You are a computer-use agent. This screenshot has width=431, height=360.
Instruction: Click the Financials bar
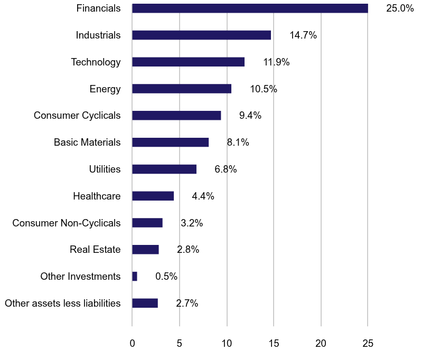tap(250, 8)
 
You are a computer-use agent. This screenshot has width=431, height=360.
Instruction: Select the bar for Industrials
tap(201, 35)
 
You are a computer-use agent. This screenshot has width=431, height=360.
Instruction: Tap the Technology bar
tap(188, 62)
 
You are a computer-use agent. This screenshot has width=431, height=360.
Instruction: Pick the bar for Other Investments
tap(135, 277)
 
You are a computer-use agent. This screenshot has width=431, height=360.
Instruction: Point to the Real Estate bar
tap(145, 250)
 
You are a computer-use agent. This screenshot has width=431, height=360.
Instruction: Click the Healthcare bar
tap(153, 196)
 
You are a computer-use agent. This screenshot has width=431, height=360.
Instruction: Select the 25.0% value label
tap(400, 8)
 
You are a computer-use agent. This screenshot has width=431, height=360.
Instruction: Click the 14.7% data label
tap(303, 35)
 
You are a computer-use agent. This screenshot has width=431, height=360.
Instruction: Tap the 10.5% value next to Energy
tap(264, 89)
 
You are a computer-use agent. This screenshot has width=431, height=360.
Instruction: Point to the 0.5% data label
tap(166, 277)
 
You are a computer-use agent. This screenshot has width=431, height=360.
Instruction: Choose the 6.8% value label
tap(226, 169)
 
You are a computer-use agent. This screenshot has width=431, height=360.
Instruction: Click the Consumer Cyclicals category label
tap(77, 116)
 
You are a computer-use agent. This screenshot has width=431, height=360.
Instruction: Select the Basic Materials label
tap(87, 143)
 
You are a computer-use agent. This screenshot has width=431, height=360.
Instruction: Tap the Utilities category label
tap(105, 169)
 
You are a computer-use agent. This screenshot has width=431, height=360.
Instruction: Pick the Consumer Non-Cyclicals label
tap(67, 223)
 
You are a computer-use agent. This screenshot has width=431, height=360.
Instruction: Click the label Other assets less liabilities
tap(62, 304)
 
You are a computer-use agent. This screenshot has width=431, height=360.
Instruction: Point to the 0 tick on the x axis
tap(132, 343)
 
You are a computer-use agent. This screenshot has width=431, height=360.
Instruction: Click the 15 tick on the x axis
tap(274, 343)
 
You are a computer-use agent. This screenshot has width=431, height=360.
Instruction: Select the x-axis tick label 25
tap(368, 343)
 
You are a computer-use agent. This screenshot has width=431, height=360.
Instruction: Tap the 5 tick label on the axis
tap(180, 343)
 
